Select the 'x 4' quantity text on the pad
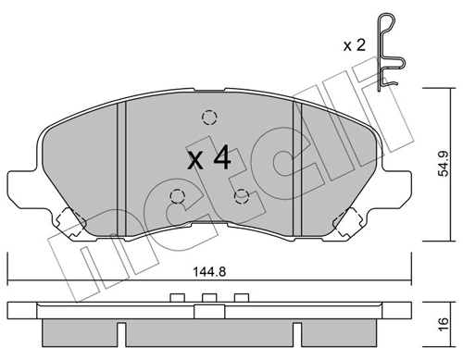coord(208,158)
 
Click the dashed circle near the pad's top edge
coord(209,118)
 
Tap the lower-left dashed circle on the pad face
coord(177,196)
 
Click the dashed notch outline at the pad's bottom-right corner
coord(349,221)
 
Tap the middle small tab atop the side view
coord(208,297)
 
